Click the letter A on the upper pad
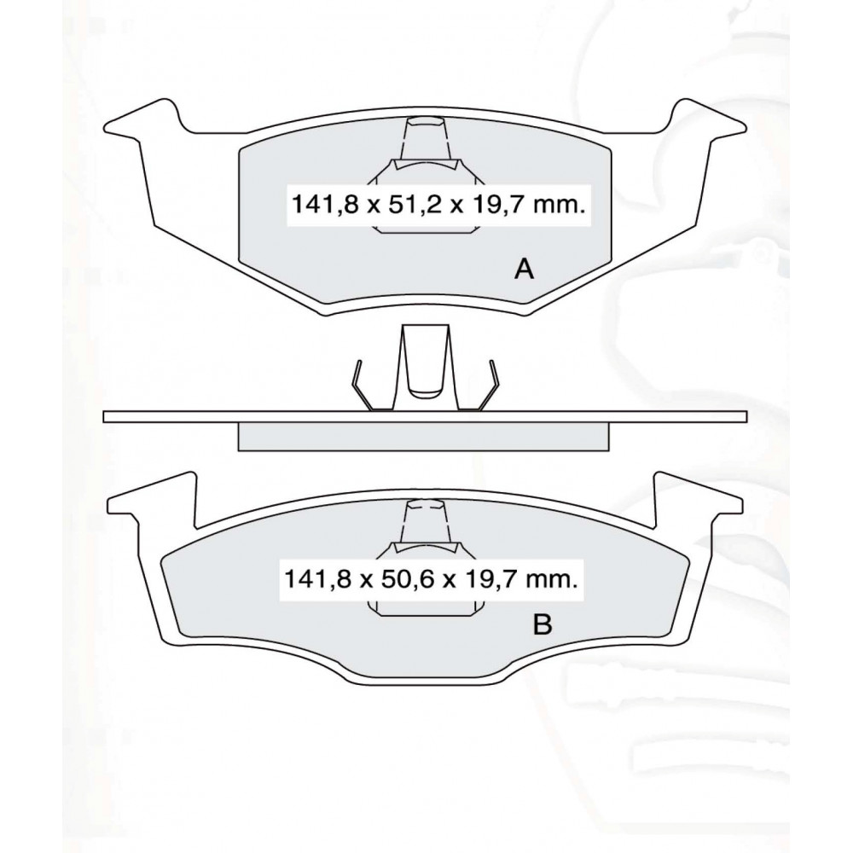click(524, 269)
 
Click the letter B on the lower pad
click(543, 624)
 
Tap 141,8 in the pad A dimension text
click(325, 206)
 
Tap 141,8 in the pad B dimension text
click(317, 580)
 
